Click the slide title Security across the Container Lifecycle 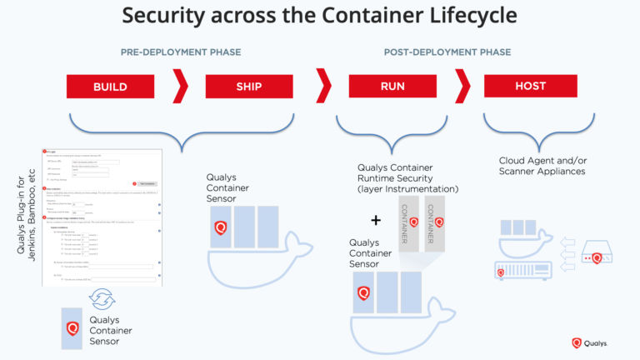click(320, 15)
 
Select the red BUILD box click(110, 86)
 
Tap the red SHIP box click(247, 86)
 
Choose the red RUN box click(392, 86)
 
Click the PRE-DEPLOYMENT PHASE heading click(181, 52)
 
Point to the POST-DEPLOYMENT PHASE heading click(447, 52)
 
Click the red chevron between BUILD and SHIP click(179, 86)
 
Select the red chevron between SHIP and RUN click(323, 86)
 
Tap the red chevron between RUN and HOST click(462, 86)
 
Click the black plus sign click(376, 221)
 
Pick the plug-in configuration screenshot click(101, 217)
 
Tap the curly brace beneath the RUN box click(392, 133)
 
